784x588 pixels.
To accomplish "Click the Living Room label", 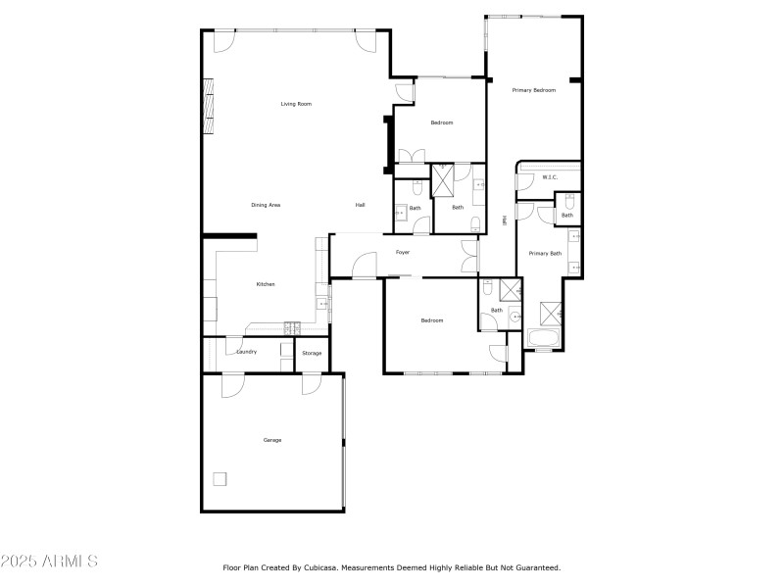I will [x=296, y=104].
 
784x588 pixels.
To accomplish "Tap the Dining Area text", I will [x=267, y=205].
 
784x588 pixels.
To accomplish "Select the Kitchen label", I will [x=266, y=284].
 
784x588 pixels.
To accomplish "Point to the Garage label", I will [x=272, y=440].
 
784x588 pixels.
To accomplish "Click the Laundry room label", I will [x=247, y=352].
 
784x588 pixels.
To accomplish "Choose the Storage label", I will [x=312, y=353].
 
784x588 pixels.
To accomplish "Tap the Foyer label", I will [x=403, y=252].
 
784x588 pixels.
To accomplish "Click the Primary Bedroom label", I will [x=534, y=90].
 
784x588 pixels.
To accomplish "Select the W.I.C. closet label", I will [x=550, y=177].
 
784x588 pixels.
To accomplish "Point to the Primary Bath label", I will [x=546, y=254].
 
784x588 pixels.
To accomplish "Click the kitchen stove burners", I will [x=291, y=325].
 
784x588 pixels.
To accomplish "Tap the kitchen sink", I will [x=322, y=305].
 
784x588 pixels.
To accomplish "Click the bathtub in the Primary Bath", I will [x=543, y=339].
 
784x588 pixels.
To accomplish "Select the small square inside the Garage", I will [x=220, y=479].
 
